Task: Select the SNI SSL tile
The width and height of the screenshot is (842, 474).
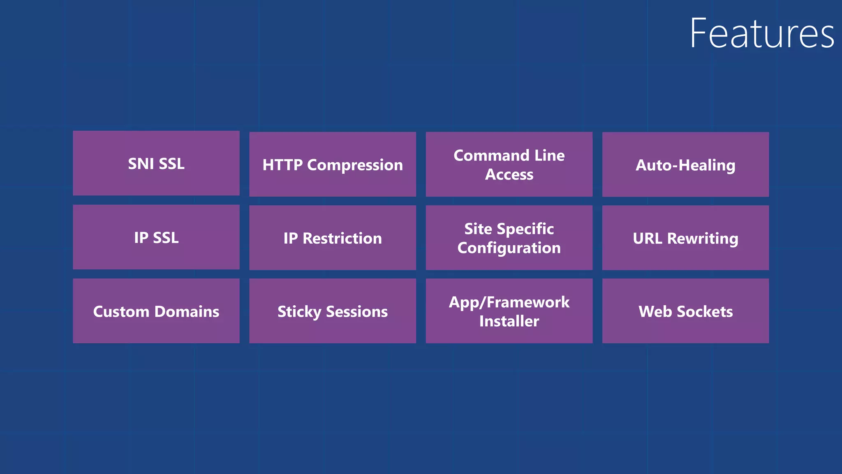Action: coord(156,163)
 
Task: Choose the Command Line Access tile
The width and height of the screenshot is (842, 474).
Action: coord(509,165)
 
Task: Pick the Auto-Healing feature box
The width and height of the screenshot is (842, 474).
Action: coord(685,165)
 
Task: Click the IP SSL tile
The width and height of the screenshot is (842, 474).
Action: coord(156,237)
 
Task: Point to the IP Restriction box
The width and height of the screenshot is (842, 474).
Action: coord(333,238)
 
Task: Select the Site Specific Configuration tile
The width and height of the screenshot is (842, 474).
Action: coord(509,238)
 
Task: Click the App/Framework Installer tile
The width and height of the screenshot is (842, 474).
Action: coord(509,311)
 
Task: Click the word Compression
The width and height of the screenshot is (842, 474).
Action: coord(355,165)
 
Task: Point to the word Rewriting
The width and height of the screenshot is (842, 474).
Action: coord(703,239)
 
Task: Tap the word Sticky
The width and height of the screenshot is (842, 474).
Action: coord(299,312)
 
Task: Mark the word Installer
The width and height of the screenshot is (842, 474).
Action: coord(509,321)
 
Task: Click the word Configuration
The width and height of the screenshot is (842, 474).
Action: coord(509,248)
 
